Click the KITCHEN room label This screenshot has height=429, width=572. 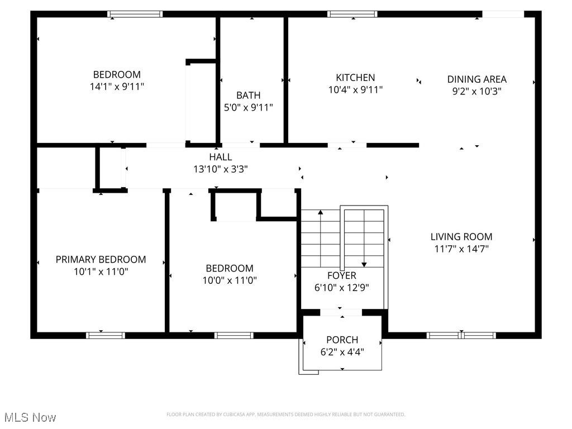coord(355,78)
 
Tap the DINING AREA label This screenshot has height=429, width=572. coord(476,79)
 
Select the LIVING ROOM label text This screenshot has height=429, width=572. coord(461,237)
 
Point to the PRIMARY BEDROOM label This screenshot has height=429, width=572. coord(101,259)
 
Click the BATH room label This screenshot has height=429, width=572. coord(248,96)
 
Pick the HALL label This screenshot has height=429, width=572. coord(221,157)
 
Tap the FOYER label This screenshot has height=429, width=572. coord(341,276)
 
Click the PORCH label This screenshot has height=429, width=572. coord(342,340)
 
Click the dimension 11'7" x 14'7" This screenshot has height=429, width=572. coord(461,249)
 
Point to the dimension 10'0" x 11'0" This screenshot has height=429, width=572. coord(229,280)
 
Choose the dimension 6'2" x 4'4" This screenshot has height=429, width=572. coord(342,351)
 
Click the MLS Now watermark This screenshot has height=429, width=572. coord(30,417)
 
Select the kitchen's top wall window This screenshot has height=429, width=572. coord(352,14)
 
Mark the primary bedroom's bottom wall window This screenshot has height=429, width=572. coord(105,335)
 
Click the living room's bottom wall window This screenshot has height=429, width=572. coord(461,335)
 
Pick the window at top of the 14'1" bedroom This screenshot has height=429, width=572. coord(135,14)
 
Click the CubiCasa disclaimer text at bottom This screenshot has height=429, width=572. coord(285,414)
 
